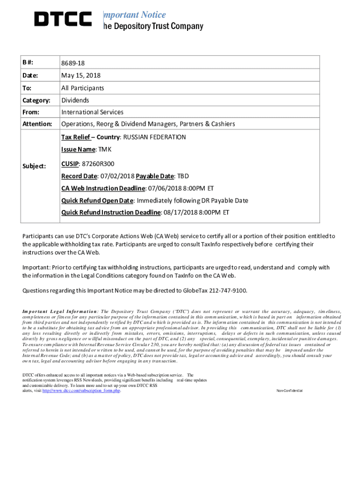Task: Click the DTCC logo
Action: tap(63, 19)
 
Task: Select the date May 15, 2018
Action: tap(80, 75)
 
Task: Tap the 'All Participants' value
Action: tap(82, 88)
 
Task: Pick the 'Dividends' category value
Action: tap(75, 100)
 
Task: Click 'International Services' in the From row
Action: tap(92, 112)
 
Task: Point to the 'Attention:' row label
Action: tap(37, 124)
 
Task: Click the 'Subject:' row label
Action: tap(34, 166)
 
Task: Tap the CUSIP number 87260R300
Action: tap(98, 164)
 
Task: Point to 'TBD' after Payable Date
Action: tap(182, 176)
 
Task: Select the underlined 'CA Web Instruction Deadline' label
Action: tap(103, 189)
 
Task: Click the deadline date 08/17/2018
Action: tap(179, 212)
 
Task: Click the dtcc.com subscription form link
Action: tap(81, 391)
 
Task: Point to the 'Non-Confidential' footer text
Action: tap(289, 391)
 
